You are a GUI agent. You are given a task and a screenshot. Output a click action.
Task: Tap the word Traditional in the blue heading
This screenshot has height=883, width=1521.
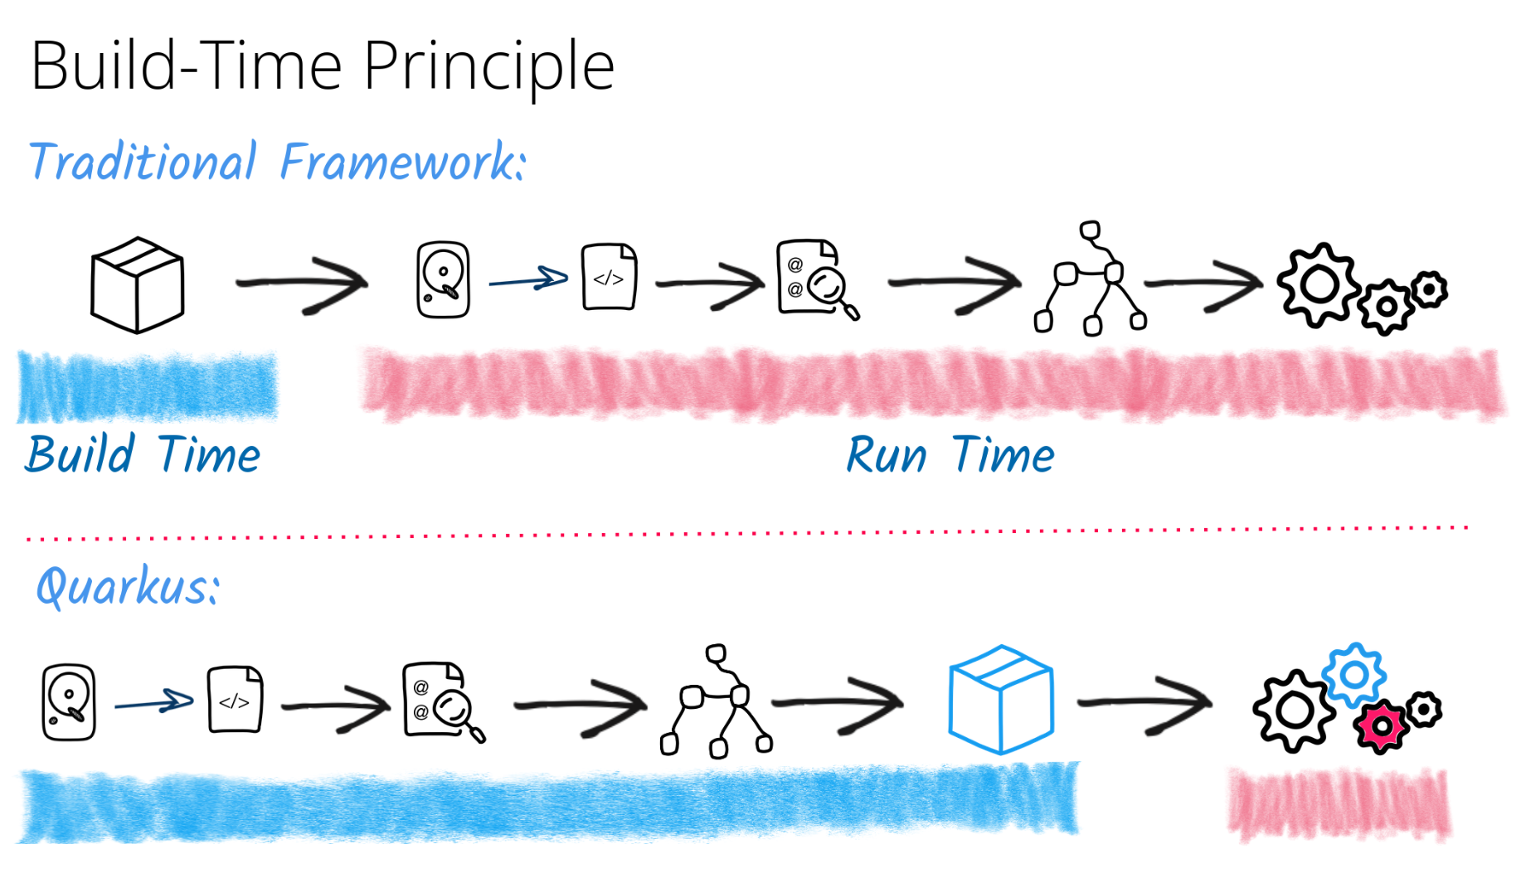point(143,162)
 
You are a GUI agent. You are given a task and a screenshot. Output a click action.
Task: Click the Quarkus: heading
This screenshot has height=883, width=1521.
point(128,587)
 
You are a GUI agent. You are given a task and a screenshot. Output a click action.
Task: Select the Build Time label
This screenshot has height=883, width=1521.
point(143,455)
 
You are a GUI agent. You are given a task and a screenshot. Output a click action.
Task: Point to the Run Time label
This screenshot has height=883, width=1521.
point(950,455)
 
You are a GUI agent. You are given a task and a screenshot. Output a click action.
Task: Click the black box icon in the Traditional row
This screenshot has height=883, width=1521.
point(137,285)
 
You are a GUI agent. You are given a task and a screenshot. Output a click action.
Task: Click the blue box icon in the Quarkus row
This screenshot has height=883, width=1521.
point(1000,700)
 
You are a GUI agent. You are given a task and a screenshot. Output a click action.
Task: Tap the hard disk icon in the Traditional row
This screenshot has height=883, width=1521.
point(443,280)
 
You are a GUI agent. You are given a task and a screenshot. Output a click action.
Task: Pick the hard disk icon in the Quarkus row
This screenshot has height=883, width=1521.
point(69,701)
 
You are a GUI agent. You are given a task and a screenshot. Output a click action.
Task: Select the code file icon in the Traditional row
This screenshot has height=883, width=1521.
point(609,277)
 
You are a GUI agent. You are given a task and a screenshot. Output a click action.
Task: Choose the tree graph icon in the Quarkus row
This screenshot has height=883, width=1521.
point(717,702)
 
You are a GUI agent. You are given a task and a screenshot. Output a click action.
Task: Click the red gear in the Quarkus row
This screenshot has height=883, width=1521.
point(1381,726)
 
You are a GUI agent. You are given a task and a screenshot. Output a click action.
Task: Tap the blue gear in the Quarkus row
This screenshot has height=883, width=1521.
point(1354,675)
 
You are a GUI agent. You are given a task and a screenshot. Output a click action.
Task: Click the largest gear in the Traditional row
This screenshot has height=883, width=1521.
point(1319,285)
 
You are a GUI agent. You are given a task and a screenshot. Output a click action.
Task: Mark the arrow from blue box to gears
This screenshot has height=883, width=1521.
point(1144,704)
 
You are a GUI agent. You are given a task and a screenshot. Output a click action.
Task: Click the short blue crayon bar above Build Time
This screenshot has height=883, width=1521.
point(147,386)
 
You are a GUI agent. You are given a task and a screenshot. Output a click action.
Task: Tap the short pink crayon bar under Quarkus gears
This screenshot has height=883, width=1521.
point(1339,804)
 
